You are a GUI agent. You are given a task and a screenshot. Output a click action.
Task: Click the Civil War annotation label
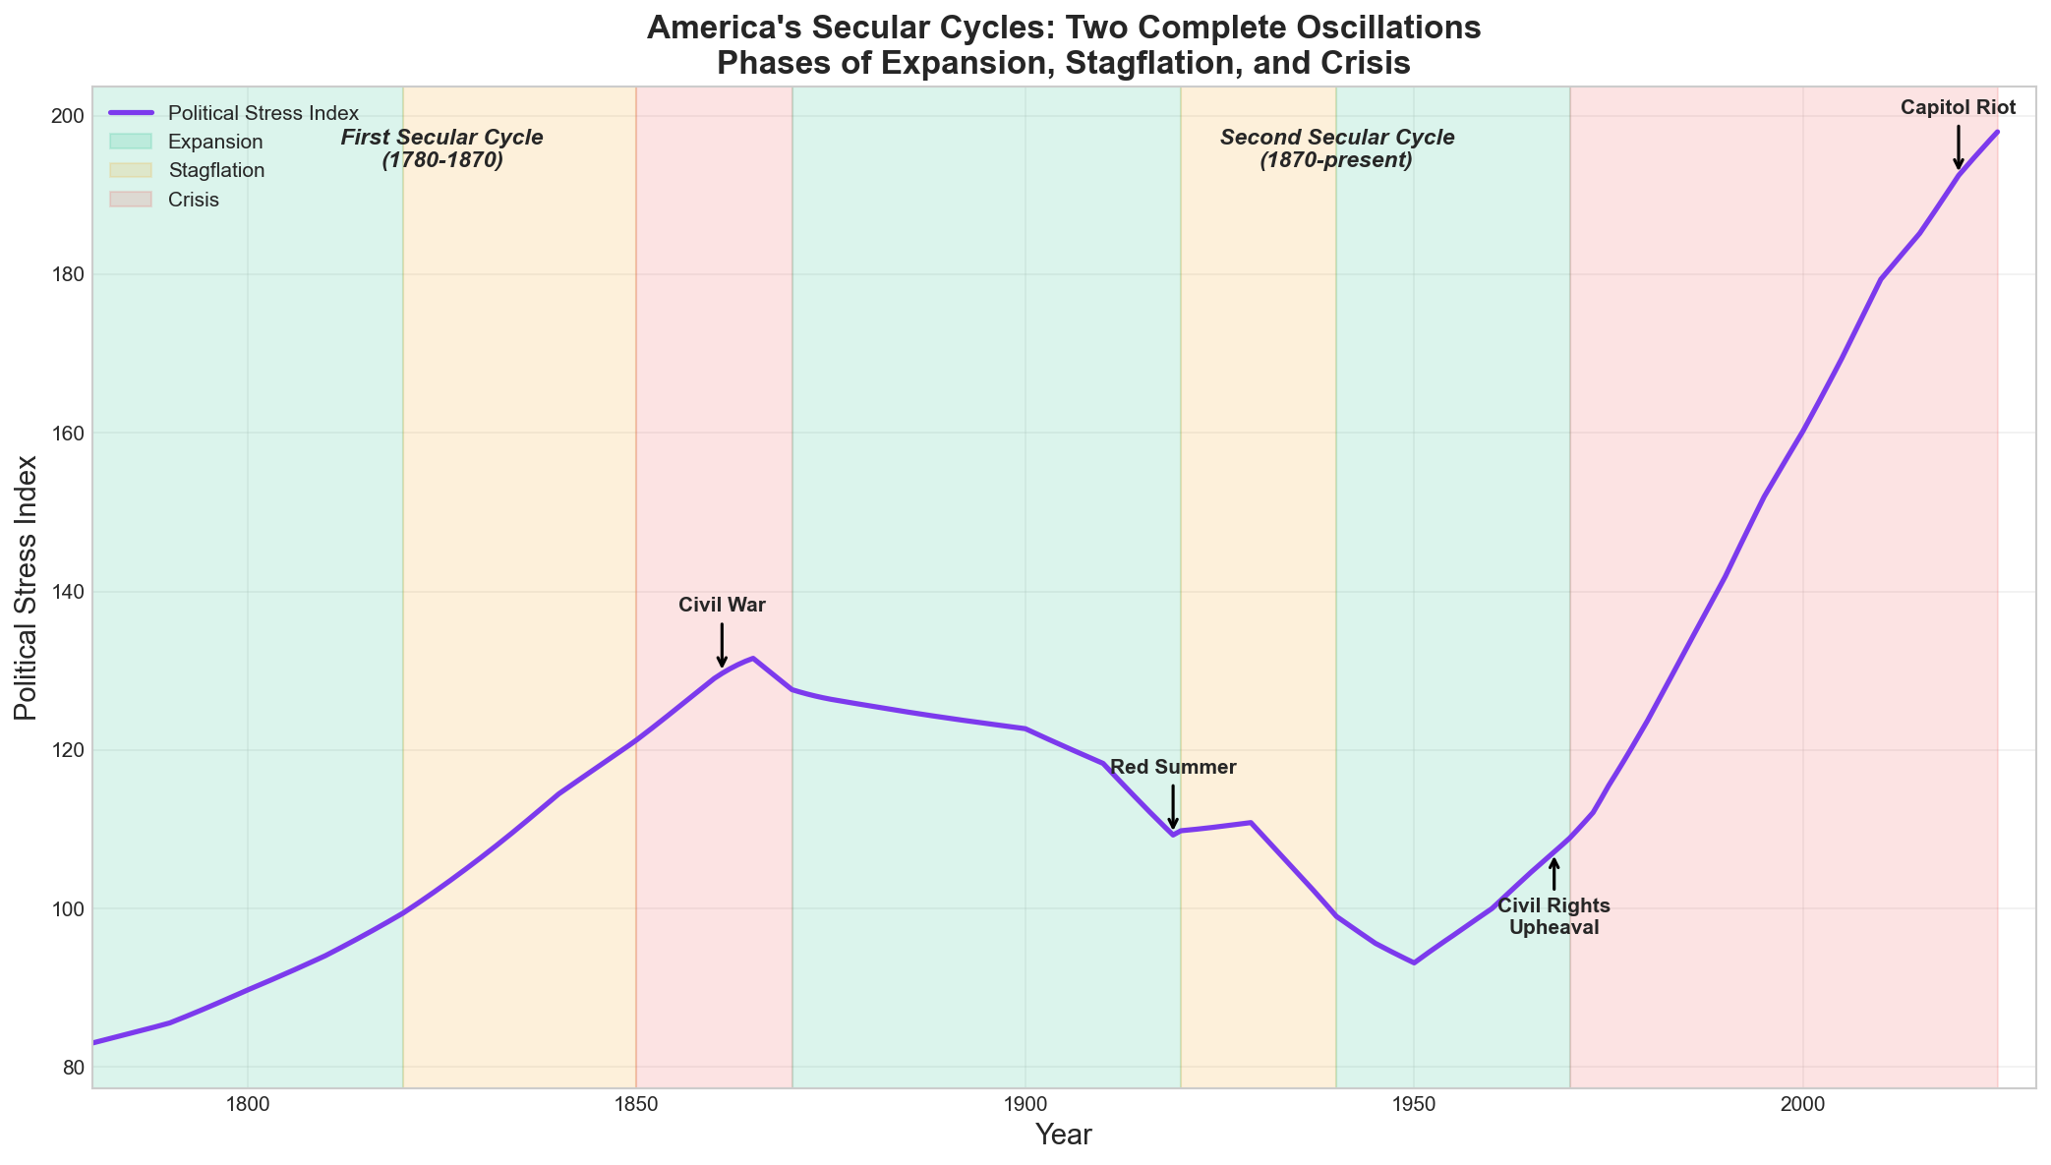pos(722,606)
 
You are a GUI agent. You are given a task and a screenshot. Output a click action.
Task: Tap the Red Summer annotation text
pos(1173,768)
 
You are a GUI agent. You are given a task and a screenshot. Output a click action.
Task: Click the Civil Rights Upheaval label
pos(1553,916)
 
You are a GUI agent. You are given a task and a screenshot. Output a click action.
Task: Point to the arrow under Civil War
pos(722,645)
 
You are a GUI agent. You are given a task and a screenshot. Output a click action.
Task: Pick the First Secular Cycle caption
pos(442,148)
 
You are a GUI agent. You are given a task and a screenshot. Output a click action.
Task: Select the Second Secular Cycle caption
pos(1336,148)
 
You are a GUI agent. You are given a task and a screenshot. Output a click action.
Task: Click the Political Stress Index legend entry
pos(263,113)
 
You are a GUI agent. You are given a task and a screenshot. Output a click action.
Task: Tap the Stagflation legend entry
pos(216,170)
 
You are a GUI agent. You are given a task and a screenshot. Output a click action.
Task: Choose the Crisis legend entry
pos(194,200)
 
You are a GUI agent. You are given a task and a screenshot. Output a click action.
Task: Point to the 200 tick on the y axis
pos(65,116)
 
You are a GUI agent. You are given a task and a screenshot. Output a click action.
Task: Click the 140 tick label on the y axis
pos(65,592)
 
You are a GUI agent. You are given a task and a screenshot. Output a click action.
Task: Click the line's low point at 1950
pos(1414,962)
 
